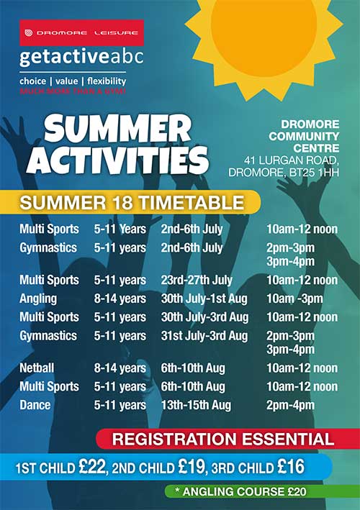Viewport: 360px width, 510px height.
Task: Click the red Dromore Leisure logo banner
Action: [x=81, y=33]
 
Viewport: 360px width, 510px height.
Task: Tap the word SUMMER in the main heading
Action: [x=118, y=129]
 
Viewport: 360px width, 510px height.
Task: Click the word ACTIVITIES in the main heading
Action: [x=117, y=160]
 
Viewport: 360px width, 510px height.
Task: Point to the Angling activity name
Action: [x=38, y=299]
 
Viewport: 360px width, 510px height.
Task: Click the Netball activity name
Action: [x=37, y=368]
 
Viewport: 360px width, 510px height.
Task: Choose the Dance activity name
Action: [x=35, y=405]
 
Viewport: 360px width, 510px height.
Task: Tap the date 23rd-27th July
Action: [x=197, y=280]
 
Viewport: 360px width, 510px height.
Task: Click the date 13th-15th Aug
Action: [x=196, y=405]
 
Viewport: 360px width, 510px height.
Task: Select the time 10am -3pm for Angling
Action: [x=294, y=299]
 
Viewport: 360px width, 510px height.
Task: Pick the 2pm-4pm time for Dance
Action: [x=290, y=405]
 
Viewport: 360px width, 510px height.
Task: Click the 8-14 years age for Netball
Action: [x=120, y=368]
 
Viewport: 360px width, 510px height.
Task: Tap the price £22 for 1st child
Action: [x=92, y=467]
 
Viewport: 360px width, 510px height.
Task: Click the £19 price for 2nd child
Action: [x=192, y=467]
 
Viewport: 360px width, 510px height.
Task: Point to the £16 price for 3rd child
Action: [x=291, y=467]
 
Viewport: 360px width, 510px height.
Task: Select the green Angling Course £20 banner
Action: [x=262, y=491]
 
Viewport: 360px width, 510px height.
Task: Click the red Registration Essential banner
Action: [x=228, y=439]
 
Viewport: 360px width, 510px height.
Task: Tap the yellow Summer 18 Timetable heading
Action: [x=130, y=202]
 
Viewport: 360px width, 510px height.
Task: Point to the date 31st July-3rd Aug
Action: [x=204, y=336]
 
